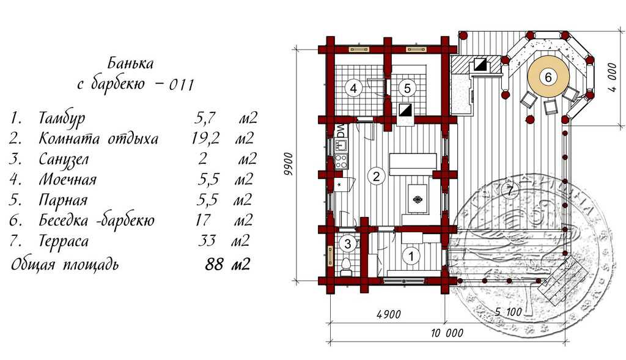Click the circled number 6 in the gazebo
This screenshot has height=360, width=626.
[548, 78]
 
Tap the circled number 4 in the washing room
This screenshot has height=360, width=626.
[352, 88]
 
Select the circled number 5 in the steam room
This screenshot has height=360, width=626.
[408, 88]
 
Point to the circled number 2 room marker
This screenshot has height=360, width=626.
[377, 177]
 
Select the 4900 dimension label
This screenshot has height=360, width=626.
[388, 315]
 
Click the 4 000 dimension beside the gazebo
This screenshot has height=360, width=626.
[611, 77]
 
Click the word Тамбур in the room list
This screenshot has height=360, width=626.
[62, 118]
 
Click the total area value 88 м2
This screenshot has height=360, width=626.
[226, 265]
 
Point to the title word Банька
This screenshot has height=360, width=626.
[130, 63]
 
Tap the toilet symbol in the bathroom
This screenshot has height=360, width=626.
[346, 265]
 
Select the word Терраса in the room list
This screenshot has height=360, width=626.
[64, 241]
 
